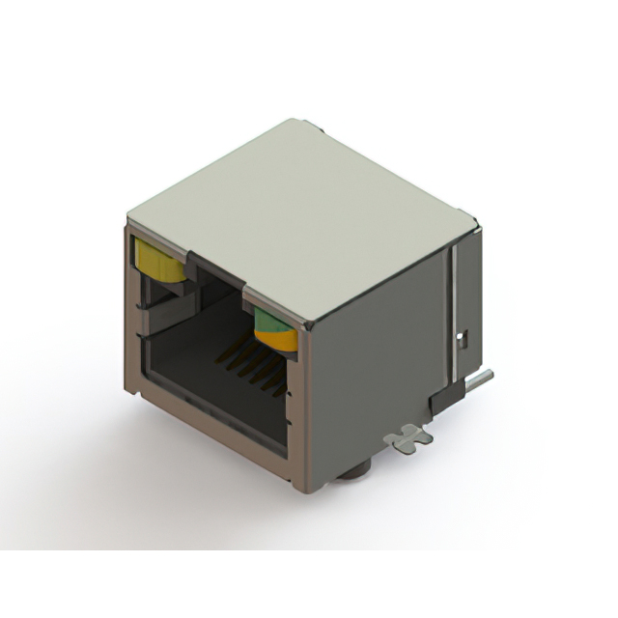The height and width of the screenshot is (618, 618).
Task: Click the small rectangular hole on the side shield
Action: [x=461, y=338]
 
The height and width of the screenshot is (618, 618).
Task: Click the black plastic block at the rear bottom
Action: [x=445, y=396]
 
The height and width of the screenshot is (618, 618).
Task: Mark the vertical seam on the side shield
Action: [x=449, y=309]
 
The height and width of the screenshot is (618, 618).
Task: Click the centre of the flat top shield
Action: [x=299, y=217]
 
